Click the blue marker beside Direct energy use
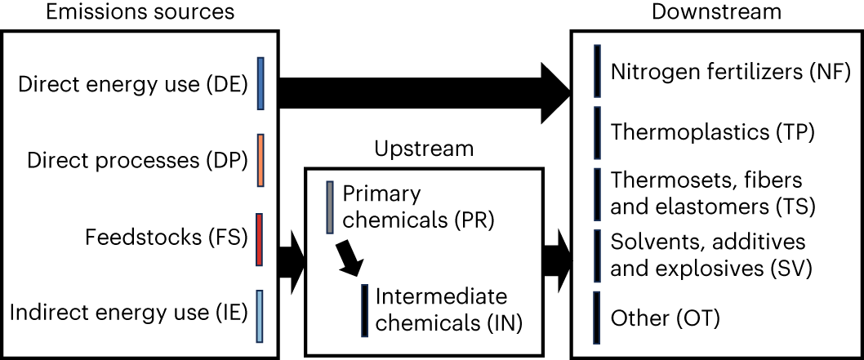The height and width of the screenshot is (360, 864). pyautogui.click(x=261, y=83)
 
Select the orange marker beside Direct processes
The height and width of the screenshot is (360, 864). pyautogui.click(x=261, y=160)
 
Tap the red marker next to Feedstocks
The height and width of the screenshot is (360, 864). pyautogui.click(x=260, y=239)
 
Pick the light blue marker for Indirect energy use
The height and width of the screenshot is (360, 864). pyautogui.click(x=260, y=315)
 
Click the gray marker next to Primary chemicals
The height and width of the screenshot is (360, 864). pyautogui.click(x=330, y=207)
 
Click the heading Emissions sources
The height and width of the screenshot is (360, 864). pyautogui.click(x=140, y=12)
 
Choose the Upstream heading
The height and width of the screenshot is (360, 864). pyautogui.click(x=424, y=149)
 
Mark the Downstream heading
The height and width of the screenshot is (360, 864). pyautogui.click(x=716, y=12)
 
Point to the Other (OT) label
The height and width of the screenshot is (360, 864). pyautogui.click(x=666, y=318)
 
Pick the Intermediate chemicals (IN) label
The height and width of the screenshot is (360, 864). pyautogui.click(x=448, y=309)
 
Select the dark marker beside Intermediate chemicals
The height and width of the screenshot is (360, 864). pyautogui.click(x=363, y=309)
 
